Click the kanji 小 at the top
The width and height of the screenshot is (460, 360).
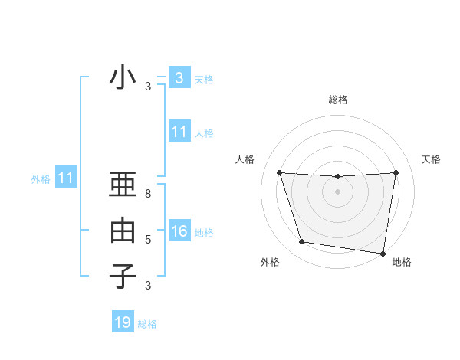tap(123, 78)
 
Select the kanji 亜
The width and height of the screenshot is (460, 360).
tap(123, 185)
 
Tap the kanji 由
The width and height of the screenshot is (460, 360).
tap(123, 230)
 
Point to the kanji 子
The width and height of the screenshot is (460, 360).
tap(123, 276)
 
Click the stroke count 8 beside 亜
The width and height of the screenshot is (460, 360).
tap(148, 194)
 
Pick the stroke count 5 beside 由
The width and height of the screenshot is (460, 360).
tap(148, 240)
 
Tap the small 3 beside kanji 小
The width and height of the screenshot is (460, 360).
tap(148, 87)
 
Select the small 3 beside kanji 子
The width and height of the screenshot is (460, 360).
tap(148, 286)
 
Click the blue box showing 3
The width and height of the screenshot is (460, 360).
tap(179, 78)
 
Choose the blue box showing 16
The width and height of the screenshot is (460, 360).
tap(179, 231)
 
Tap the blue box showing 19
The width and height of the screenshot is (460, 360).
tap(123, 322)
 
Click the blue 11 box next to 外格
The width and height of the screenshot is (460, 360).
tap(65, 178)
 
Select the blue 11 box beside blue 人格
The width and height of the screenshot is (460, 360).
tap(179, 132)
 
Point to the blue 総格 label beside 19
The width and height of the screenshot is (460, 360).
tap(147, 324)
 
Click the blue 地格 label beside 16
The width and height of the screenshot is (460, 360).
tap(204, 233)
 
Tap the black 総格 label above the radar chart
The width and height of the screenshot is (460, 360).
tap(337, 100)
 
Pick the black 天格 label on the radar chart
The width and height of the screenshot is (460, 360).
tap(432, 159)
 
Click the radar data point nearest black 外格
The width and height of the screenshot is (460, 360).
tap(302, 242)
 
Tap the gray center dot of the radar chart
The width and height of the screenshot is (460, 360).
tap(337, 191)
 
